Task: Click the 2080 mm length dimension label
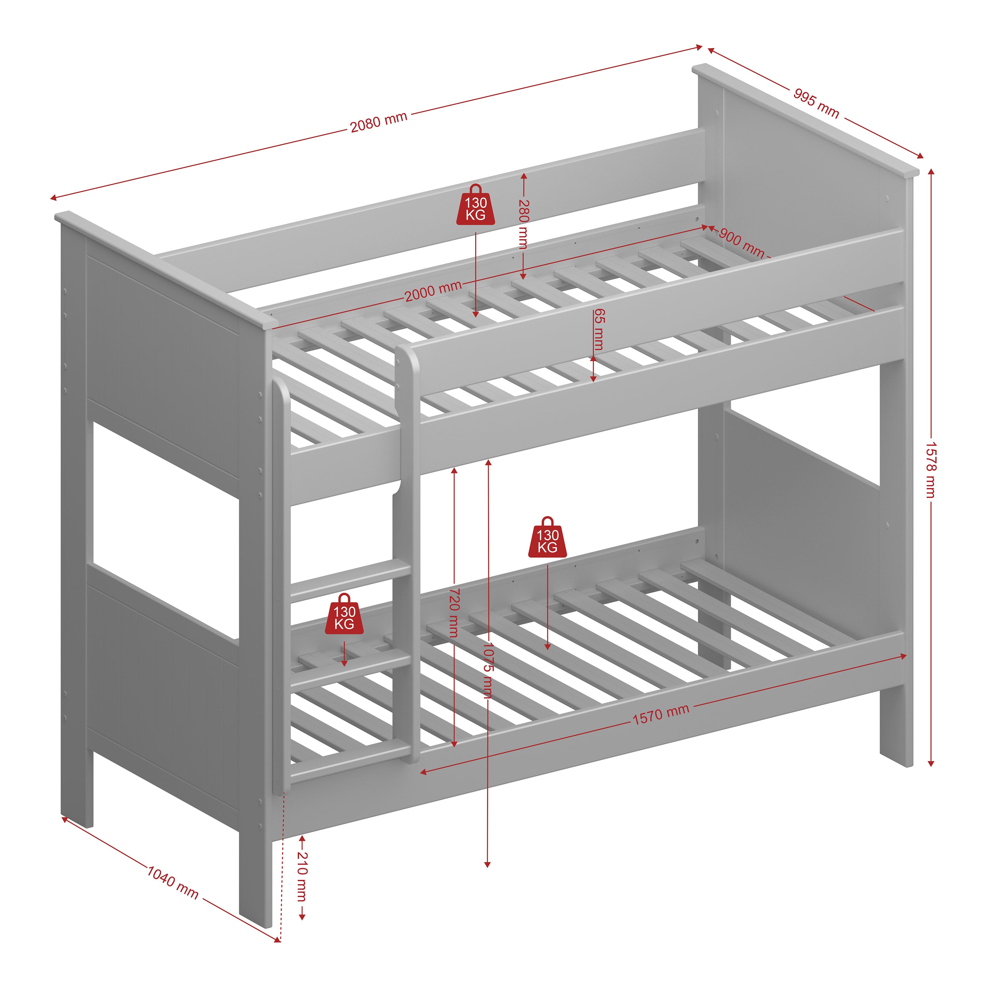pyautogui.click(x=378, y=122)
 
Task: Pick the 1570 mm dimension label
pyautogui.click(x=660, y=715)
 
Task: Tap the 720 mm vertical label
pyautogui.click(x=454, y=612)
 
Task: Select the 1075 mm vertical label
pyautogui.click(x=487, y=670)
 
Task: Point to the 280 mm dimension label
pyautogui.click(x=523, y=224)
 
